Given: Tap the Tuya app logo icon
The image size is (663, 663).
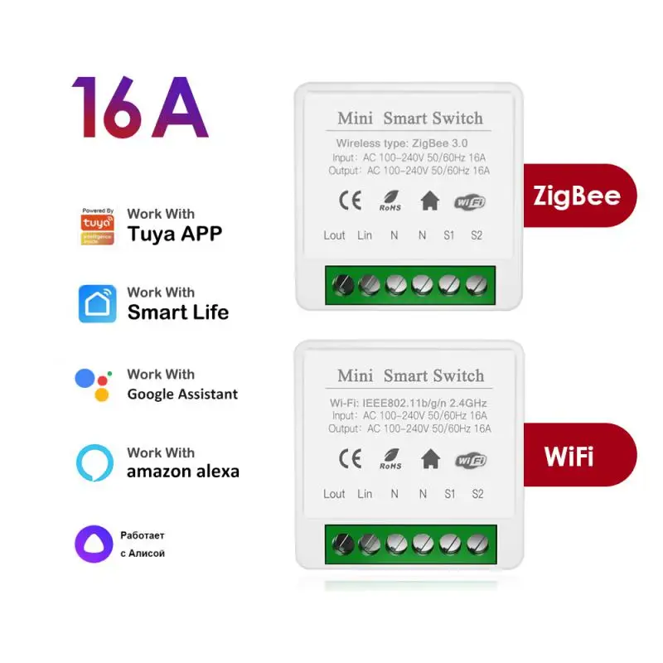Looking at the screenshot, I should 97,226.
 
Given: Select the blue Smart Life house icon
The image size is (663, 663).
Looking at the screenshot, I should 97,303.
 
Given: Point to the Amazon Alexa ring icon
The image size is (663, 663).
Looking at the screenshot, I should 94,463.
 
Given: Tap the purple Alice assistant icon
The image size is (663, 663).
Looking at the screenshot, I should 94,544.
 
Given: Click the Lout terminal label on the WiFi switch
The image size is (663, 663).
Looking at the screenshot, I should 334,494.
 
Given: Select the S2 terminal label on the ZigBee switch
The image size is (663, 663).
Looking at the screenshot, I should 476,235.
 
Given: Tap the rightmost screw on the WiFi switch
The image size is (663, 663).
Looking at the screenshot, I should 476,544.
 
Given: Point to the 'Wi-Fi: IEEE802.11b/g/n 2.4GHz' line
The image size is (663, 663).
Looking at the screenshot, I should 409,402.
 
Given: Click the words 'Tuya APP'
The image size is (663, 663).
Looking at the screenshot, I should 174,235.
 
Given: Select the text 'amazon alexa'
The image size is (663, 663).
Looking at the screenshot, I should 182,472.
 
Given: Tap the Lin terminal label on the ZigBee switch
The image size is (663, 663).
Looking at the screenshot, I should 365,235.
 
